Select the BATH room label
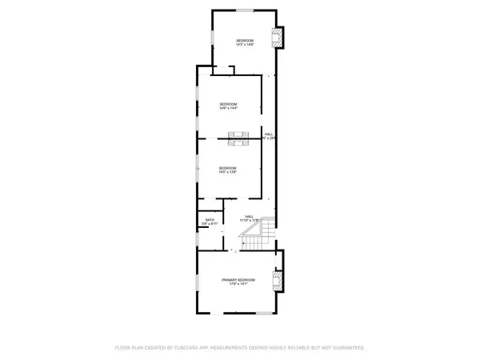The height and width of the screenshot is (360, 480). coord(210,220)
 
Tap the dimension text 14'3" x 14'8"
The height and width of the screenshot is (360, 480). coord(244,45)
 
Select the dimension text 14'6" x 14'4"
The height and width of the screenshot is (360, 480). coord(230,108)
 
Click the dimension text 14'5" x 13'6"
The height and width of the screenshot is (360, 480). coord(230,172)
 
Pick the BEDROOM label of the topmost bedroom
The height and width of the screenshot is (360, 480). coord(244,40)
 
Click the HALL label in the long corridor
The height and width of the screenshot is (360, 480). coord(270,134)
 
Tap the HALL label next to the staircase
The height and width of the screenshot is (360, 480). coord(250,215)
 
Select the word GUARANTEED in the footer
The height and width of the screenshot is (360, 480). coord(348,348)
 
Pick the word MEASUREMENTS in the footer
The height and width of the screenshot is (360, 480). coord(251,348)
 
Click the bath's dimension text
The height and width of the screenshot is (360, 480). coord(210,225)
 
